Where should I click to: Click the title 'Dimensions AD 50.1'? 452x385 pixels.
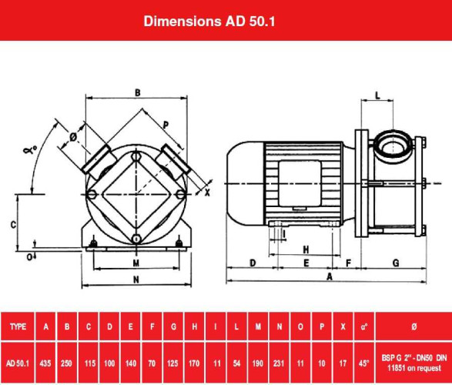[209, 21]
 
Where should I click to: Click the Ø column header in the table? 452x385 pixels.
[414, 326]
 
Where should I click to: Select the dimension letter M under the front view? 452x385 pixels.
[136, 263]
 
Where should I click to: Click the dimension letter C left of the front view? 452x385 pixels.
[13, 225]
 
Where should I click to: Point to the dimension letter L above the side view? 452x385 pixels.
[377, 95]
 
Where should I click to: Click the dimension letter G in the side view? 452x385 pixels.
[395, 263]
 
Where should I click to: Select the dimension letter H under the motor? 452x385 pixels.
[306, 249]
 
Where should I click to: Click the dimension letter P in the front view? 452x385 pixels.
[166, 123]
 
